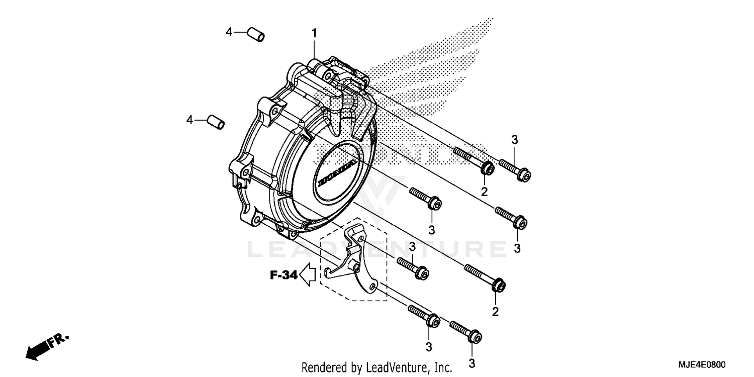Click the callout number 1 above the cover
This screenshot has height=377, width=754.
pos(314,34)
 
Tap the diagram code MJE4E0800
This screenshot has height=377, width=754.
pos(703,365)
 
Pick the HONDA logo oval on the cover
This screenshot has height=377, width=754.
pos(337,173)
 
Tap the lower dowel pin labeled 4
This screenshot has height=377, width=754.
pos(216,122)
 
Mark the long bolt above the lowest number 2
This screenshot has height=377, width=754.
pos(485,277)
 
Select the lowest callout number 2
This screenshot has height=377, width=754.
pos(495,312)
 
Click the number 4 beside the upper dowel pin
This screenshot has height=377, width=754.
pos(229,32)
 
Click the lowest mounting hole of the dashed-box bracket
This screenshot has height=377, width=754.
pos(372,287)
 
